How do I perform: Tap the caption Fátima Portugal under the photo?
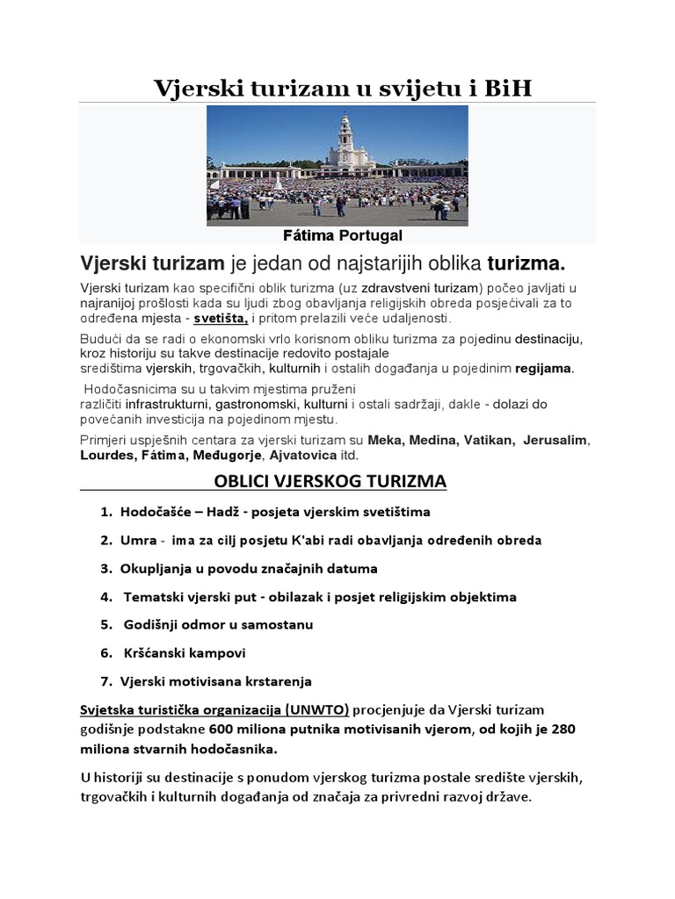(342, 236)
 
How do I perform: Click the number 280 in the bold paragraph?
(563, 729)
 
